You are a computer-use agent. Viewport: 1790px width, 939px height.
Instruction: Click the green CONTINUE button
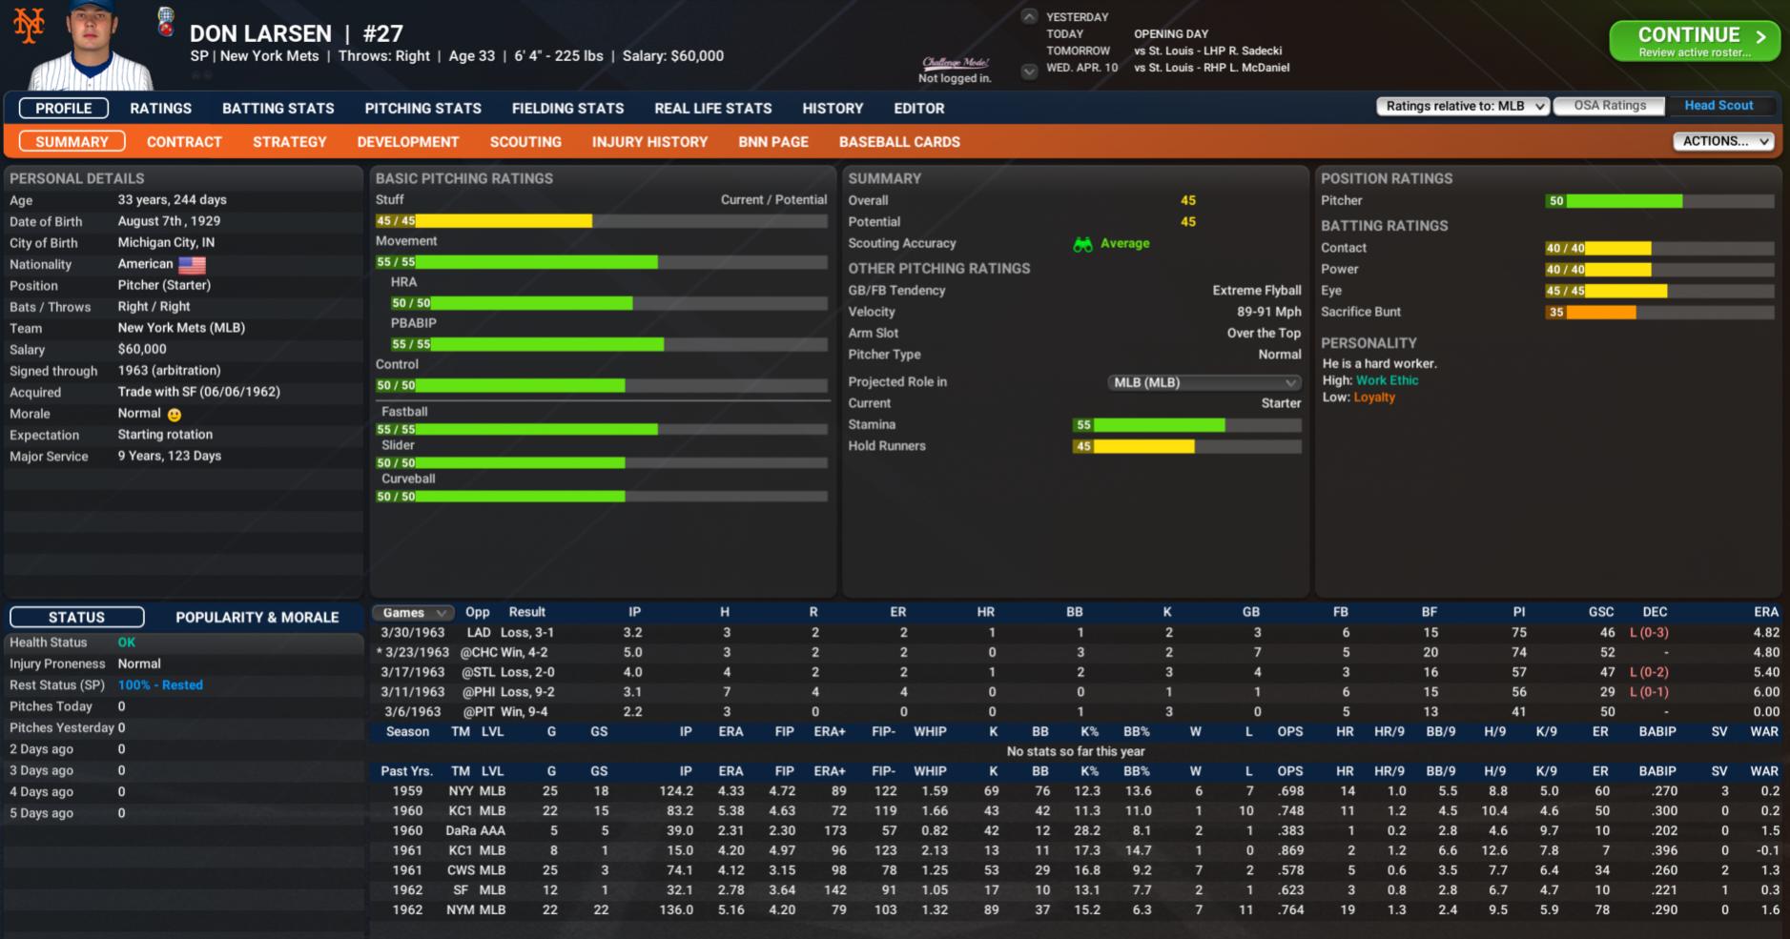[1694, 41]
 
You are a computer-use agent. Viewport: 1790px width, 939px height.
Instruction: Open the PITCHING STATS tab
[422, 109]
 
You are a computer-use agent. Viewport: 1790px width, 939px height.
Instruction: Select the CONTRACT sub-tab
[184, 142]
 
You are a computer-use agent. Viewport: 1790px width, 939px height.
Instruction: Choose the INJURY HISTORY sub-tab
[649, 142]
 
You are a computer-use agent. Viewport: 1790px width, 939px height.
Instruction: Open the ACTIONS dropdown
[1722, 141]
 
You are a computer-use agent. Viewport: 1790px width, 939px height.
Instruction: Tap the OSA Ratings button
[1609, 106]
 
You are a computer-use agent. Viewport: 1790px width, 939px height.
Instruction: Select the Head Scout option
[1718, 106]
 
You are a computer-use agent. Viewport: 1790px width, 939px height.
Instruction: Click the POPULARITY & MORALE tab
[257, 618]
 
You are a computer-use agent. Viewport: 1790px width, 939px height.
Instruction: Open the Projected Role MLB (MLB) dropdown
[1204, 382]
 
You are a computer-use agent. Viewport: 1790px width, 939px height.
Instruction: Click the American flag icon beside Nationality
[192, 265]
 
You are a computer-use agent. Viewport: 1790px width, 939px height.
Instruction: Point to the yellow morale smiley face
[174, 415]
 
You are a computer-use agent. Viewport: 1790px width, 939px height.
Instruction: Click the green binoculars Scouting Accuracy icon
[1082, 244]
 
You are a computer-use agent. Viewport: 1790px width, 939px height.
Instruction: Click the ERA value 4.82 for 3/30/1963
[1765, 633]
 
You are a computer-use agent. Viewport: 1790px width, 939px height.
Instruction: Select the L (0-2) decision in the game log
[1648, 672]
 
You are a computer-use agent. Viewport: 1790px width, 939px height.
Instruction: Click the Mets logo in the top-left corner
[29, 25]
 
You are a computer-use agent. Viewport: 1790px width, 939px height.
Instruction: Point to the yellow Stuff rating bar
[504, 221]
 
